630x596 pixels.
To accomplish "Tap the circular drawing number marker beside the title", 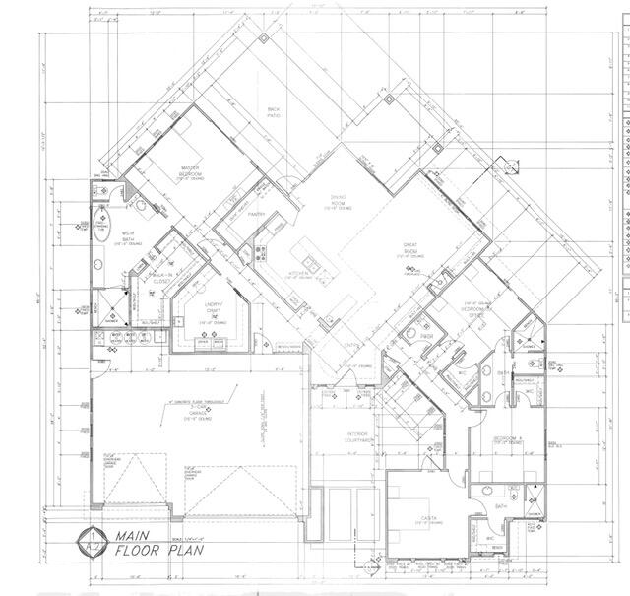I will click(91, 542).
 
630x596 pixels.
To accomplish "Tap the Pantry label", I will click(257, 214).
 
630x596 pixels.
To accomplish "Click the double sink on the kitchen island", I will click(311, 263).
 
